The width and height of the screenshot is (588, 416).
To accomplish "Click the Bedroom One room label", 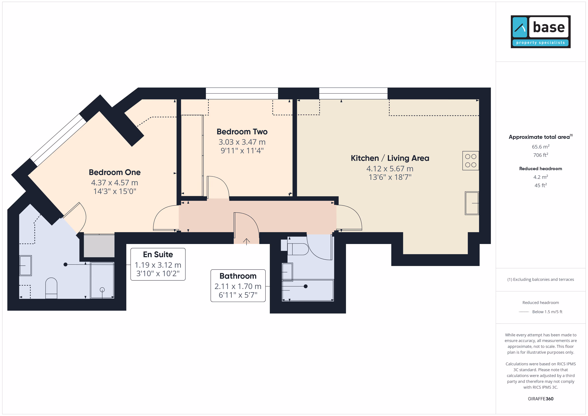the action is [x=114, y=172].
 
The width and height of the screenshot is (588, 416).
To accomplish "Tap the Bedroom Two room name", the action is [x=242, y=132].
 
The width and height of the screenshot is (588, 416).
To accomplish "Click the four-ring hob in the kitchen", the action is [x=470, y=161].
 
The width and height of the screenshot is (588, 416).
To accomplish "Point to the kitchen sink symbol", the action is [x=472, y=203].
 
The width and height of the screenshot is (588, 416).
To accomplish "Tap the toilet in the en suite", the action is [x=51, y=288].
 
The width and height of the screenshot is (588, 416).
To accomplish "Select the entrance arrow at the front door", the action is [x=246, y=241].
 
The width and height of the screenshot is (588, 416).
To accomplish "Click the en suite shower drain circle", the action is [x=102, y=290].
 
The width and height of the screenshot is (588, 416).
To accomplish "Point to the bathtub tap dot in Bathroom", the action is [x=305, y=286].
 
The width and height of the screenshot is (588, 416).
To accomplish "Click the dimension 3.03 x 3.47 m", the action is [x=242, y=142].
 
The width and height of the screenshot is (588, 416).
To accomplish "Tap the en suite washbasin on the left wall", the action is [x=26, y=266].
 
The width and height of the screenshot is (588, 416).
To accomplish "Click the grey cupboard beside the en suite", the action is [x=99, y=246].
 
